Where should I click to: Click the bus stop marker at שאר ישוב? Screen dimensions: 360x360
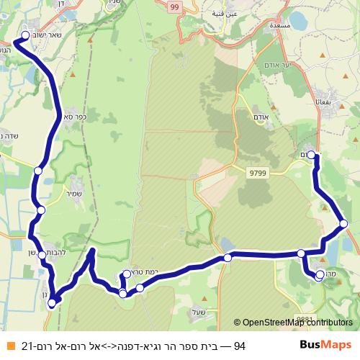click(25, 35)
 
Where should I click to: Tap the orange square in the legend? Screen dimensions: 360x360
click(9, 346)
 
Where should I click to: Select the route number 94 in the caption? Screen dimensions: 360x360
click(239, 346)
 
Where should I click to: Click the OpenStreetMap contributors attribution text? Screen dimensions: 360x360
click(296, 323)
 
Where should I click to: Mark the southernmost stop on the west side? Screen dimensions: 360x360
click(51, 303)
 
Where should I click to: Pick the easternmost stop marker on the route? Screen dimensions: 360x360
click(344, 224)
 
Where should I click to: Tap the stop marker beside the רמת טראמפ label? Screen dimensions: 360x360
click(127, 274)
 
